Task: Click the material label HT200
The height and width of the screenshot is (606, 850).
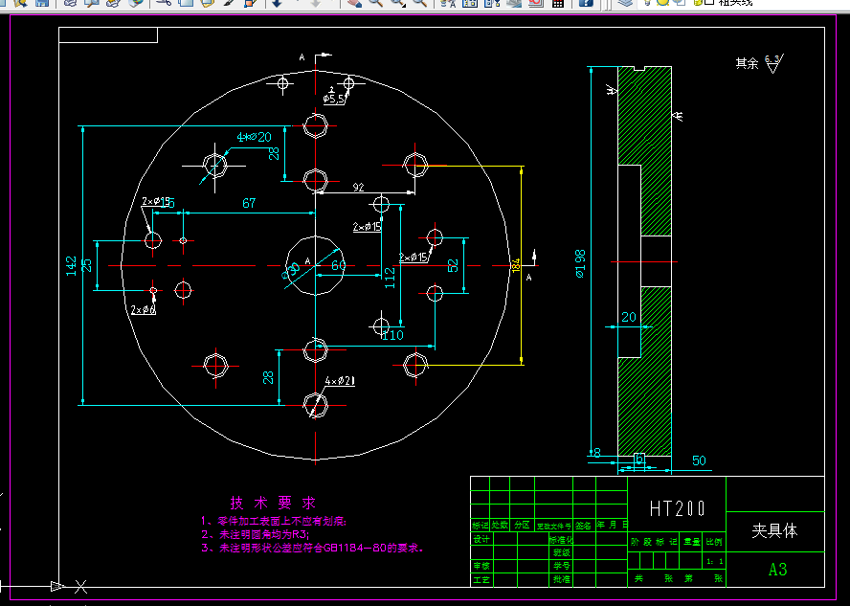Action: click(x=677, y=507)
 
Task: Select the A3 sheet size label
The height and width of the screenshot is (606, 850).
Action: click(x=777, y=570)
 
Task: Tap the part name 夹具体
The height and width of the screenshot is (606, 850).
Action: click(x=774, y=529)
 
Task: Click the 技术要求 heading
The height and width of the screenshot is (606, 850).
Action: click(x=272, y=503)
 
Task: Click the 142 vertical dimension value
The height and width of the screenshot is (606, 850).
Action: click(x=72, y=266)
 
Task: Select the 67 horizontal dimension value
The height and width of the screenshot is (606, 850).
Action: click(x=249, y=203)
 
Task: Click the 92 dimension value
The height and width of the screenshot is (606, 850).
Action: click(x=359, y=187)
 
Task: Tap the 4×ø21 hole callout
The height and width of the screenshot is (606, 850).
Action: click(x=340, y=381)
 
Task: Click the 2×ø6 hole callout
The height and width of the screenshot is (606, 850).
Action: click(x=143, y=309)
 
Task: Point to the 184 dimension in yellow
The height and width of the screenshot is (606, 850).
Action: click(x=517, y=265)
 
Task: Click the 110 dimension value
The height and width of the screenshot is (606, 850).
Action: click(x=392, y=335)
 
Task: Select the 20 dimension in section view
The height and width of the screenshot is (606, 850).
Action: click(x=629, y=317)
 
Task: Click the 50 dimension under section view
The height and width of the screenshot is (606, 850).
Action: click(x=699, y=460)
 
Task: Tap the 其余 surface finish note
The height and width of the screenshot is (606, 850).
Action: click(x=747, y=64)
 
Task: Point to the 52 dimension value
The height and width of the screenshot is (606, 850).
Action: click(x=454, y=264)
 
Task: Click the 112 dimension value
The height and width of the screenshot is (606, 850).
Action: click(x=390, y=278)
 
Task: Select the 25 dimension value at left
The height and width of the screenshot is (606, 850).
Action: click(x=88, y=265)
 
